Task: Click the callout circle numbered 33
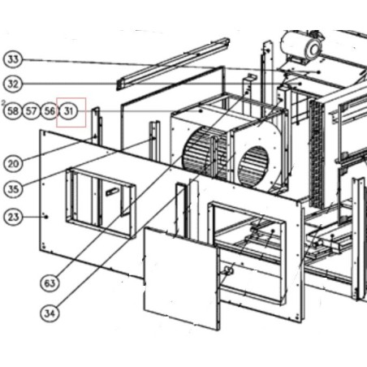pyautogui.click(x=13, y=59)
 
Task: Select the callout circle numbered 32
pyautogui.click(x=13, y=84)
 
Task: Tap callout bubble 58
pyautogui.click(x=13, y=110)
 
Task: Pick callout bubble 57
pyautogui.click(x=31, y=110)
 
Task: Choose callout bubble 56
pyautogui.click(x=50, y=110)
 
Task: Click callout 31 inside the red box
pyautogui.click(x=69, y=111)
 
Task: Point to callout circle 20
pyautogui.click(x=13, y=163)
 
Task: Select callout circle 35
pyautogui.click(x=13, y=188)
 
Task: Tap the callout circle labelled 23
pyautogui.click(x=13, y=217)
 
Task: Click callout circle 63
pyautogui.click(x=50, y=283)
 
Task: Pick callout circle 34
pyautogui.click(x=50, y=313)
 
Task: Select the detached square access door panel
pyautogui.click(x=181, y=278)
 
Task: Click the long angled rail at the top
pyautogui.click(x=173, y=64)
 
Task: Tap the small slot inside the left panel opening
pyautogui.click(x=112, y=192)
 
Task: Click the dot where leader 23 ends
pyautogui.click(x=46, y=217)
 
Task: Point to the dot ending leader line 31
pyautogui.click(x=201, y=111)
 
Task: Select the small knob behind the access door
pyautogui.click(x=228, y=270)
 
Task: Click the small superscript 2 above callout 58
pyautogui.click(x=3, y=102)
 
